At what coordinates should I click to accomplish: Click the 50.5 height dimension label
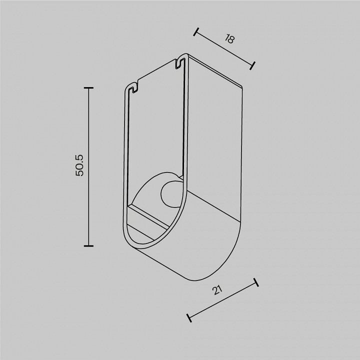[79, 165]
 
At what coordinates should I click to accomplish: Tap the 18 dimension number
[229, 39]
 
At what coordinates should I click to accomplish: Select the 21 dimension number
[217, 290]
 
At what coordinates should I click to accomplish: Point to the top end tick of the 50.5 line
[88, 87]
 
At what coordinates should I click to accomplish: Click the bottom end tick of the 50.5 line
[88, 246]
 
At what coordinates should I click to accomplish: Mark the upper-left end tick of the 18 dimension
[196, 32]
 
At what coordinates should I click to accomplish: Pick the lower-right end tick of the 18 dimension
[252, 65]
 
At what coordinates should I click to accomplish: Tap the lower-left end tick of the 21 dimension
[189, 318]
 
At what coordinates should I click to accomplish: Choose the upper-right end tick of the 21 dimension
[256, 282]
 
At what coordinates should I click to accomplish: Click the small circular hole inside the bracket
[170, 194]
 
